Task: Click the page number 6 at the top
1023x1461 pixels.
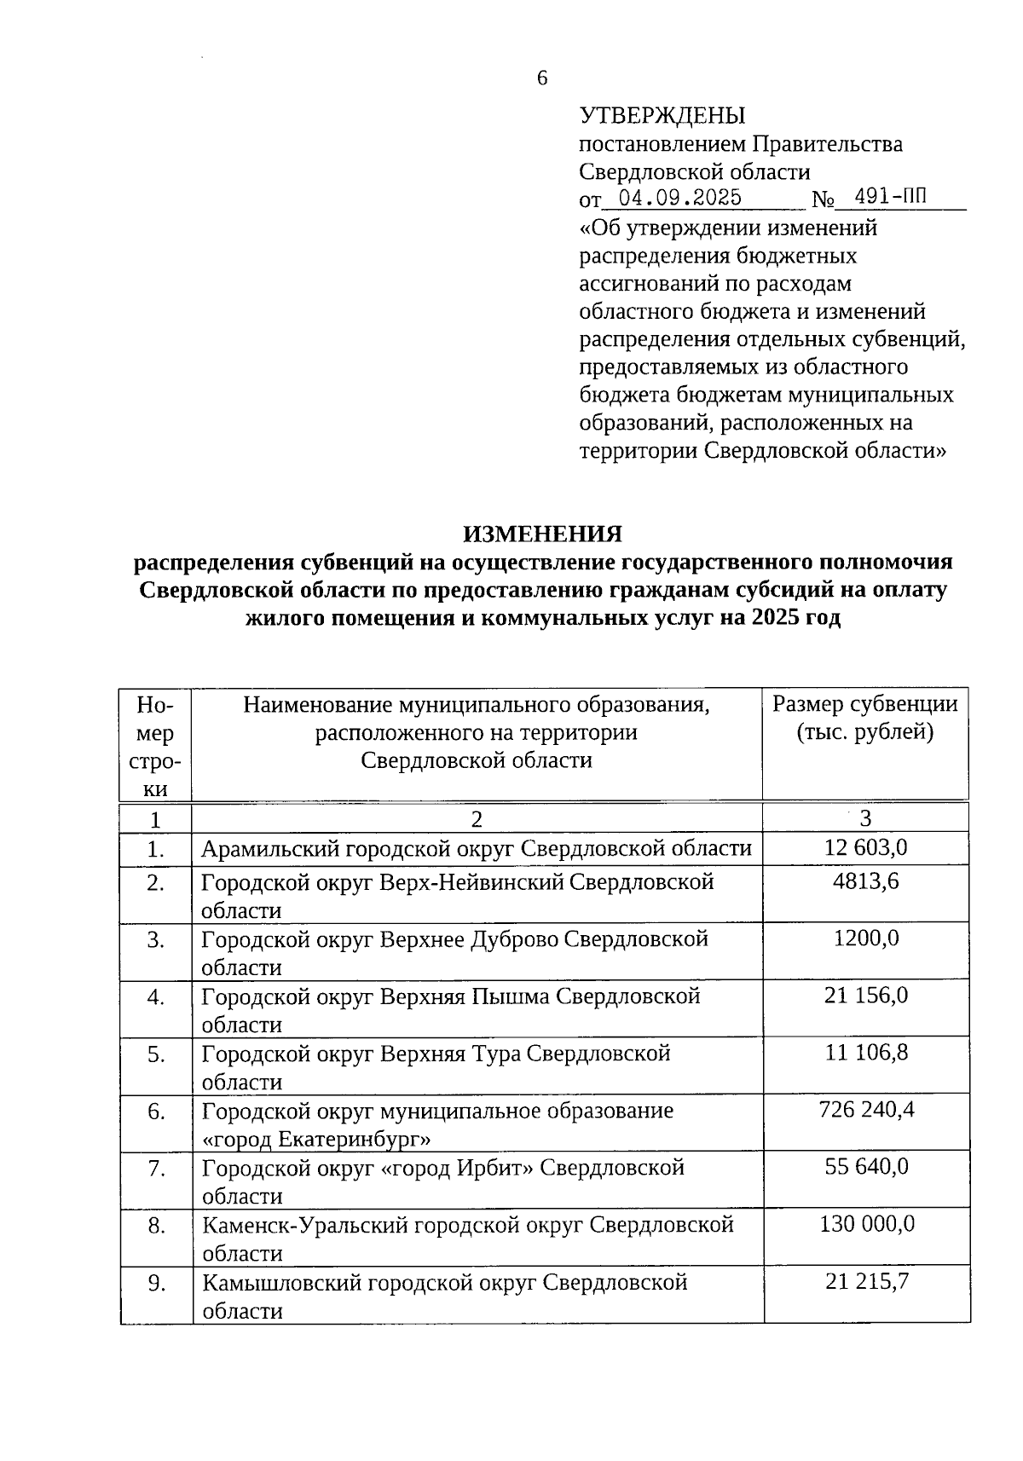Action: [x=542, y=79]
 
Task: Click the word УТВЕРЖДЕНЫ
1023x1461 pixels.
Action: [x=662, y=116]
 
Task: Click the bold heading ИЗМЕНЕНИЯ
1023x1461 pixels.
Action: [x=542, y=534]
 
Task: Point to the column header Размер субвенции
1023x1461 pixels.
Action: [x=864, y=705]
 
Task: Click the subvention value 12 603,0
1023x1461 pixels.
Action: [x=865, y=847]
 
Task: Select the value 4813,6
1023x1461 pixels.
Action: [x=865, y=881]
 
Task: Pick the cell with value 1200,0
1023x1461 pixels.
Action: [x=865, y=938]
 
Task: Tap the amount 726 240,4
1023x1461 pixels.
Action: [x=865, y=1110]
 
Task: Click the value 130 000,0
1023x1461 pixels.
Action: [x=866, y=1224]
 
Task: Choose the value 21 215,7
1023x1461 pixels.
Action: [x=866, y=1281]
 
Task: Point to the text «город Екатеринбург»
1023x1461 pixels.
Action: [x=316, y=1140]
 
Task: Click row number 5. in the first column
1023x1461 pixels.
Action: [x=155, y=1054]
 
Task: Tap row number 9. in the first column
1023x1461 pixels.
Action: [x=156, y=1283]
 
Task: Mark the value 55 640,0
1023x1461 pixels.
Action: [x=866, y=1167]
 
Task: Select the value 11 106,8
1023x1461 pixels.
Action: [x=866, y=1053]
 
